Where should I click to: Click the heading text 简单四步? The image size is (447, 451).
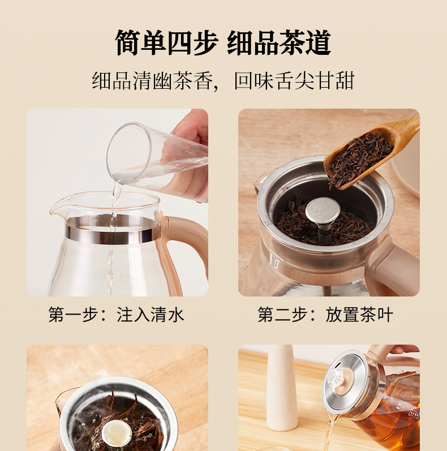[x=166, y=42]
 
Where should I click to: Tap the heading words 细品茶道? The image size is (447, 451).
[x=280, y=42]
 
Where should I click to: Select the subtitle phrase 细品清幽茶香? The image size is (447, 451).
[x=153, y=80]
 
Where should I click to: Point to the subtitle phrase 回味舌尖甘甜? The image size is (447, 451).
[x=294, y=80]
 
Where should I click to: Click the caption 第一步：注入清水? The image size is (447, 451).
[x=116, y=315]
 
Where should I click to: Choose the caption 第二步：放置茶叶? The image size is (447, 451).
[x=325, y=315]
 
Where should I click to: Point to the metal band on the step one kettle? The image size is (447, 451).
[x=112, y=233]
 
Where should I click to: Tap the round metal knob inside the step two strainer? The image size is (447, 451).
[x=323, y=210]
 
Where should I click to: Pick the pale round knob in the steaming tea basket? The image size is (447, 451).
[x=117, y=434]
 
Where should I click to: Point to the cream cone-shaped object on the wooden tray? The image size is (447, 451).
[x=282, y=388]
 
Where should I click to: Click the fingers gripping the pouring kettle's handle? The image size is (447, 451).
[x=406, y=349]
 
